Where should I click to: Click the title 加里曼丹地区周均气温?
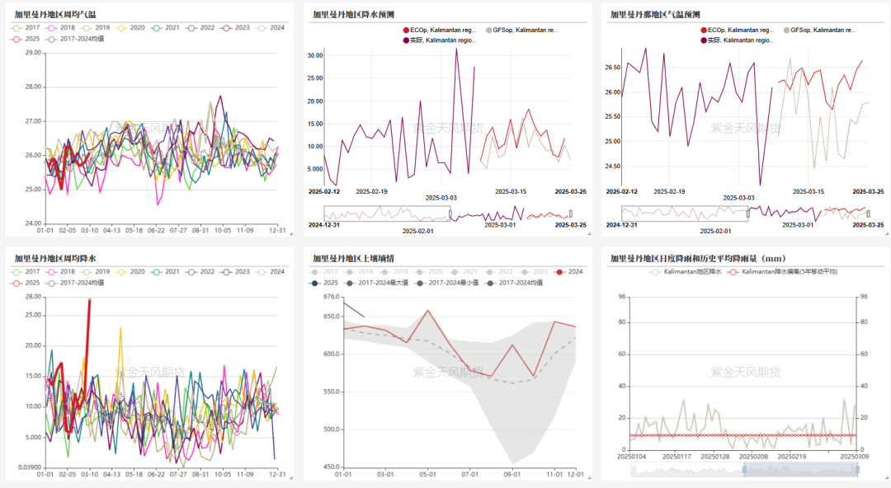[x=55, y=14]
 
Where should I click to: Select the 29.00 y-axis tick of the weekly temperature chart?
[x=33, y=53]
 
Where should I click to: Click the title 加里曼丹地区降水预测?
[x=353, y=14]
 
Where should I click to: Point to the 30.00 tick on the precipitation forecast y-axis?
[x=313, y=55]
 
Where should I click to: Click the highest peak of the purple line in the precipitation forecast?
[x=456, y=49]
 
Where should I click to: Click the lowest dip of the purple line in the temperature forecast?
[x=760, y=185]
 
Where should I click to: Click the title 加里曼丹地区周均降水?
[x=55, y=258]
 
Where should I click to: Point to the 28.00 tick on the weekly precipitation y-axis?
[x=33, y=297]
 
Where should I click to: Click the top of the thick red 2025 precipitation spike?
[x=89, y=300]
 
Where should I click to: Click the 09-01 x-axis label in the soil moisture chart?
[x=512, y=474]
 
